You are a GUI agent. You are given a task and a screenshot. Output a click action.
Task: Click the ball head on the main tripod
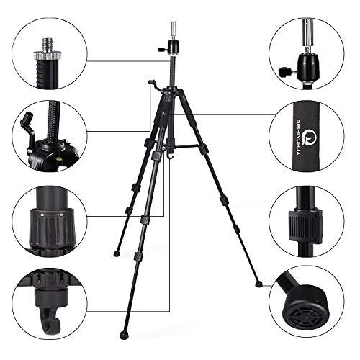pyautogui.click(x=174, y=51)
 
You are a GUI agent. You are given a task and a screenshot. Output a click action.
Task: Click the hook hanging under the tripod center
pyautogui.click(x=171, y=154)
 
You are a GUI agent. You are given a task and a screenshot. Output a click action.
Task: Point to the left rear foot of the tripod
pyautogui.click(x=116, y=253)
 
